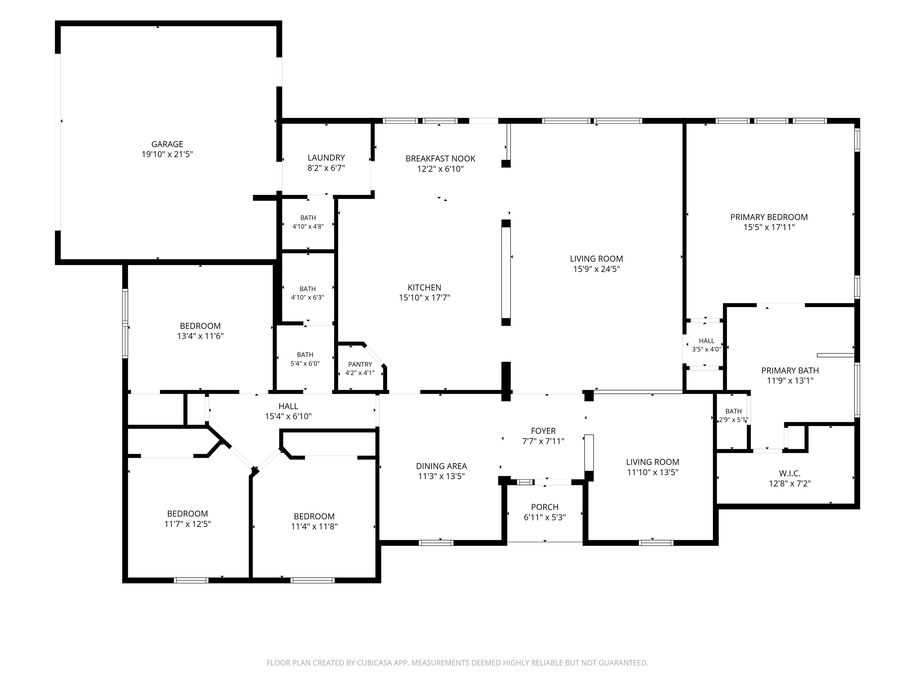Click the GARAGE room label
coord(167,144)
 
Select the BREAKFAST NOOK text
coord(440,159)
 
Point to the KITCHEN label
coord(424,287)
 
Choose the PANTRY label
coord(360,364)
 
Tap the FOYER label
coord(543,431)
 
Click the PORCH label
coord(544,507)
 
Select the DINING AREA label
coord(441,466)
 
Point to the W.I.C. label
coord(789,473)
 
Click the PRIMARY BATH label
coord(790,370)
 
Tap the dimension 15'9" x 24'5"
coord(596,269)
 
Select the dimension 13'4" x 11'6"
coord(200,336)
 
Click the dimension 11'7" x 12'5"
coord(187,524)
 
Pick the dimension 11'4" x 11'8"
coord(314,527)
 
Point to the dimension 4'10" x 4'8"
coord(308,227)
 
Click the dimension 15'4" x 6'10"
coord(288,417)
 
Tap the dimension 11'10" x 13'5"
coord(652,472)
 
